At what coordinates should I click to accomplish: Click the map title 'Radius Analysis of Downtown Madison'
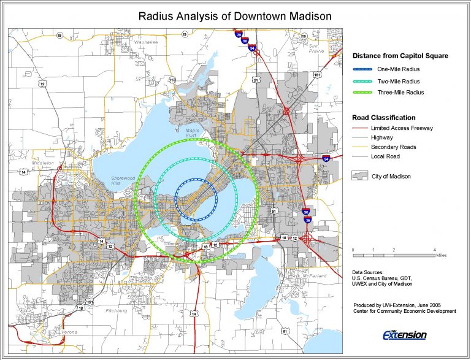[x=235, y=16]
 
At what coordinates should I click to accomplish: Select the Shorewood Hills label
[x=121, y=181]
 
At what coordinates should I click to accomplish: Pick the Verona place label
[x=69, y=332]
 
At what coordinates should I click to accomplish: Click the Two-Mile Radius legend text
[x=399, y=81]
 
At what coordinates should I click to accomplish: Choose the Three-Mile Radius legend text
[x=400, y=93]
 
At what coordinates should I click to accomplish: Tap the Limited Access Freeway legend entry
[x=402, y=128]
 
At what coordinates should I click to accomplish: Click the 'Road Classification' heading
[x=383, y=117]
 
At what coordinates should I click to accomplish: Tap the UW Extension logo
[x=404, y=334]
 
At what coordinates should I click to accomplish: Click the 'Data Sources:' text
[x=368, y=272]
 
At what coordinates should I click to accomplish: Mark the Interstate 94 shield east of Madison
[x=325, y=158]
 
